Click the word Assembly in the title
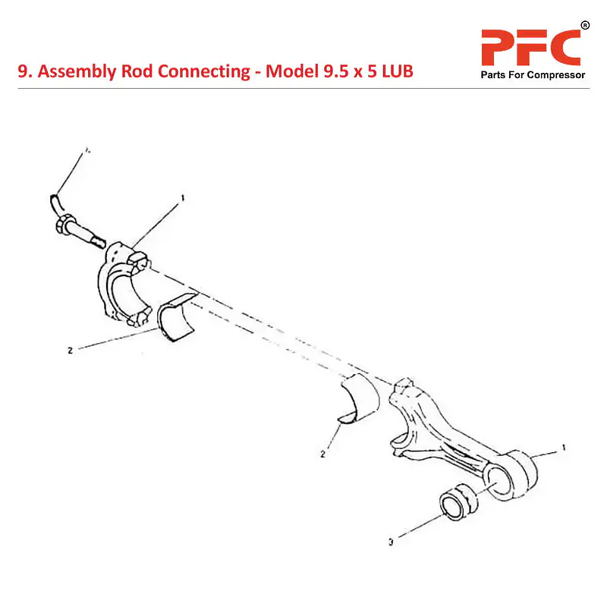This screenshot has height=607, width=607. [73, 72]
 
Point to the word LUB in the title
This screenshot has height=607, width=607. [394, 72]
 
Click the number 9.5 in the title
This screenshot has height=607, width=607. [323, 72]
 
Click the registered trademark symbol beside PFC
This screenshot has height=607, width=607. [585, 26]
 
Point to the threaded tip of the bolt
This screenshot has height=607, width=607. [96, 241]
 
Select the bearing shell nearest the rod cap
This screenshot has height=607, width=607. [178, 319]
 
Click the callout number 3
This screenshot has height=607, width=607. [390, 543]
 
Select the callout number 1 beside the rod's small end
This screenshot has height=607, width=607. [563, 449]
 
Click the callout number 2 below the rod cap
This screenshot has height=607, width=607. [70, 351]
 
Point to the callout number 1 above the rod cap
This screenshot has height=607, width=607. [182, 199]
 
